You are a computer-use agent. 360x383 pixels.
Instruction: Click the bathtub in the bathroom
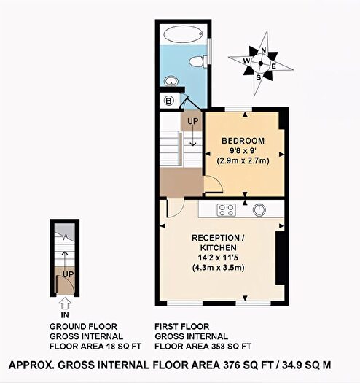pos(183,34)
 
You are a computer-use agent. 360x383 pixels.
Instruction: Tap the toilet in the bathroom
pos(198,61)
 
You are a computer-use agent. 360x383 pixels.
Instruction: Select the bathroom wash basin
pos(171,81)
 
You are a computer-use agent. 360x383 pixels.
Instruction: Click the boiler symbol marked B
pos(169,101)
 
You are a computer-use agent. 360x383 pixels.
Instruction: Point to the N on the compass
pos(264,50)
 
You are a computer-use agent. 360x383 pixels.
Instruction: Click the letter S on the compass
pos(259,77)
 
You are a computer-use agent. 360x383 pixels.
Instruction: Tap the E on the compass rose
pos(274,66)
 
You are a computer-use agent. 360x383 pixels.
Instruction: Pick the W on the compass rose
pos(246,61)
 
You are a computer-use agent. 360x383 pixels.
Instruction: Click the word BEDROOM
pos(243,141)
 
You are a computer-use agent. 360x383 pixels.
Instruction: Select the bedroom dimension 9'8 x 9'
pos(243,151)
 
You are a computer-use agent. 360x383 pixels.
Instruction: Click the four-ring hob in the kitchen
pos(227,210)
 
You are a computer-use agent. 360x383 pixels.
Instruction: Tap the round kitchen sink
pos(259,210)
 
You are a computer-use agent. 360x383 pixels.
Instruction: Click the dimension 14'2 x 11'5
pos(218,258)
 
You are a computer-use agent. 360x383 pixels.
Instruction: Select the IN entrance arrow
pos(65,304)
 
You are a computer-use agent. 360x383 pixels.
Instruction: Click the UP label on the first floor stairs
pos(193,121)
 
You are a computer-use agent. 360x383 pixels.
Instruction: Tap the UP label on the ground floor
pos(68,274)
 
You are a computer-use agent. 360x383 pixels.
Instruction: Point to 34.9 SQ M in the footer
pos(307,365)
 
